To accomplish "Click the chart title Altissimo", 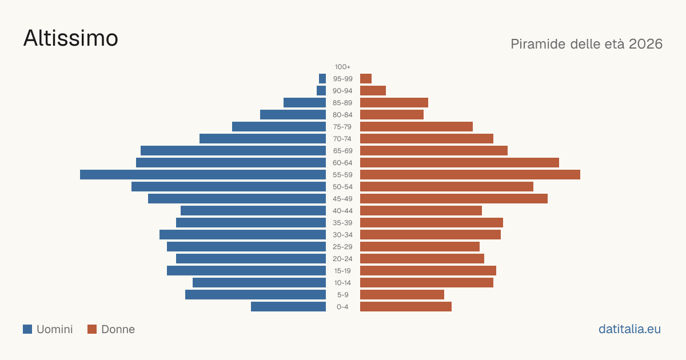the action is tap(71, 38).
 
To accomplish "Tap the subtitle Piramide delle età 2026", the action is tap(587, 44).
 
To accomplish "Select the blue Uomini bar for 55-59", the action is tap(203, 174).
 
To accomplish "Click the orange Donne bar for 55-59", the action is tap(470, 174).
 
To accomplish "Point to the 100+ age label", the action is tap(342, 67).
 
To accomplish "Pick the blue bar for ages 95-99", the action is tap(322, 79).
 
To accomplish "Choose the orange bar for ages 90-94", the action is tap(373, 91).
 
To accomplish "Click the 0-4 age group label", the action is tap(342, 307).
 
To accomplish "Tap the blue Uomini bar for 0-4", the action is tap(288, 307).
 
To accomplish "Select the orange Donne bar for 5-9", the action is tap(402, 295).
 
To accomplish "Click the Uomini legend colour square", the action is tap(27, 329).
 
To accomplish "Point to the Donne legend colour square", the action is tap(92, 329).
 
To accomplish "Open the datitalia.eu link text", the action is tap(629, 329).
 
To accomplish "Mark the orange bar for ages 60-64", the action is tap(460, 162).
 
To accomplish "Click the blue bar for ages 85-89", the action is tap(305, 102).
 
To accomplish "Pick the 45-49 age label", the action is tap(342, 199).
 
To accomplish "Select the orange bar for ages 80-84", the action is tap(392, 115).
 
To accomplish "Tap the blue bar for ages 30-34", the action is tap(242, 235).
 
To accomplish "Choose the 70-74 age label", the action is tap(342, 139).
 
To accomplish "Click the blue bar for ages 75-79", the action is tap(279, 127).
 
